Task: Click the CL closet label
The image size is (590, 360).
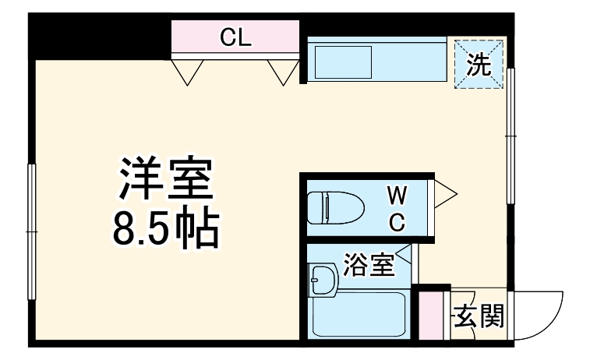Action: (235, 37)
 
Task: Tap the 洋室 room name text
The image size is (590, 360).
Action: (165, 181)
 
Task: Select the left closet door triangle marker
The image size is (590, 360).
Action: (186, 72)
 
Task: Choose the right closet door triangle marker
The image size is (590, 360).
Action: (281, 72)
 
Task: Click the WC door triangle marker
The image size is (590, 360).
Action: (445, 194)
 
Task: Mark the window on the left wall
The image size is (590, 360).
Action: (32, 231)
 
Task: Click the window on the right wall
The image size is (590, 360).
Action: (511, 136)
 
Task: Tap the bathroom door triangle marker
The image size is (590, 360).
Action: (403, 254)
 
